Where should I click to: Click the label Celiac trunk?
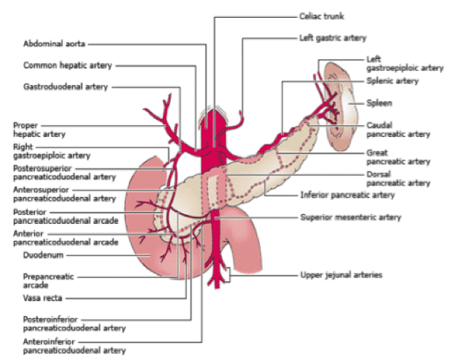click(322, 16)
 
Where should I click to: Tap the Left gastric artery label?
click(333, 38)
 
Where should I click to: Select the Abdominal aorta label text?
click(54, 44)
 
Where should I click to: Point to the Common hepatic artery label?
click(67, 65)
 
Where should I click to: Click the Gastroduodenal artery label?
click(65, 87)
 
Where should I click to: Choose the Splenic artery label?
click(392, 81)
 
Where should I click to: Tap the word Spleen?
click(380, 103)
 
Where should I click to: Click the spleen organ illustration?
click(341, 106)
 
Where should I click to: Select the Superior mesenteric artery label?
click(351, 218)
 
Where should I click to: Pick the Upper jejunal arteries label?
click(341, 275)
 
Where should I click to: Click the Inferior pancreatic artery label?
click(348, 195)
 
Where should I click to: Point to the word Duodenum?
click(43, 255)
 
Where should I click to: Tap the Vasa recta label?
click(42, 298)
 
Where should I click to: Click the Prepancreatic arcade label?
click(48, 281)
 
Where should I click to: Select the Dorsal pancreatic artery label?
click(399, 179)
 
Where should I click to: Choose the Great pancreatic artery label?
click(399, 157)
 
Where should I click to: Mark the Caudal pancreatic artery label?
click(399, 130)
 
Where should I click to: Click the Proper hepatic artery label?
click(40, 130)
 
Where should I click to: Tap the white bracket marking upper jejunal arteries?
click(227, 274)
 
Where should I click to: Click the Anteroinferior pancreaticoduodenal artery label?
click(74, 346)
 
